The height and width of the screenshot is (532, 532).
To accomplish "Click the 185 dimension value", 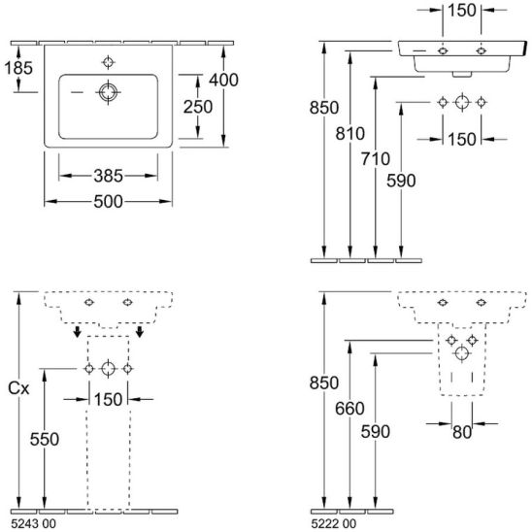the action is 18,68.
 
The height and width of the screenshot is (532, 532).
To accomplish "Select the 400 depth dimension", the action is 223,80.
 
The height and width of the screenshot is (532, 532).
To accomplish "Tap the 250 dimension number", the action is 198,107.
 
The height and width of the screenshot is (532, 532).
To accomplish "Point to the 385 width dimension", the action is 108,176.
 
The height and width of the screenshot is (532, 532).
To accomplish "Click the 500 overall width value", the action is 108,202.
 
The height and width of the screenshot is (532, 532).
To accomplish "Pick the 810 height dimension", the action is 350,133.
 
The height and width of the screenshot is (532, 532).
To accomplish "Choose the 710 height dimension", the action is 376,159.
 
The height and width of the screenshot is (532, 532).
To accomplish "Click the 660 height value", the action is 349,408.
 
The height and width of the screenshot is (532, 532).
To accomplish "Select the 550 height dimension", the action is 45,440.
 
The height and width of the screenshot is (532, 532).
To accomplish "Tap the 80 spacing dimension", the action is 462,432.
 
